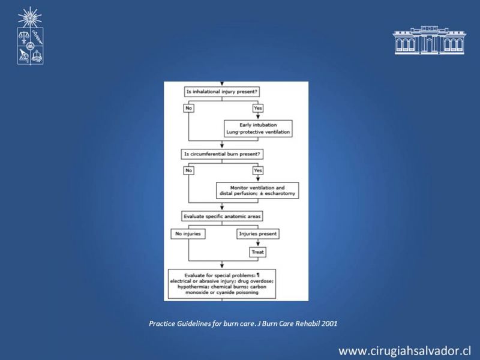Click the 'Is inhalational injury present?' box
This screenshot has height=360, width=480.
pos(222,92)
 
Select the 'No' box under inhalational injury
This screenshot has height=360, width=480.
pos(188,108)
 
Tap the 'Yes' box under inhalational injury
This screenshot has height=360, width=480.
pos(258,108)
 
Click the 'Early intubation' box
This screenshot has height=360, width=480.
pos(258,128)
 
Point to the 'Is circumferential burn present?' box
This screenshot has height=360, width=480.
pos(222,154)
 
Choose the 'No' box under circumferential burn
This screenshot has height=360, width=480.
pos(188,170)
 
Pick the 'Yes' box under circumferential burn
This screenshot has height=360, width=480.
pos(258,170)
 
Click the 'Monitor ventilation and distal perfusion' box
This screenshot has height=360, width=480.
pos(257,191)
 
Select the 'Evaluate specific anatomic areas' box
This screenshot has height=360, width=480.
pos(222,217)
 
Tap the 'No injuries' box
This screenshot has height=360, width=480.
pos(188,234)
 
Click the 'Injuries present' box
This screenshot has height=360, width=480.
pos(258,234)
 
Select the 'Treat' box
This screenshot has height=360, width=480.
pos(258,252)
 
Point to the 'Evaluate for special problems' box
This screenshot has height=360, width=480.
pos(222,284)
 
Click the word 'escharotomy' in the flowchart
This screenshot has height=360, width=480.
pos(280,193)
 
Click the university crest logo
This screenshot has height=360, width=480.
pos(30,36)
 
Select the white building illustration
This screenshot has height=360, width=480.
pos(429,40)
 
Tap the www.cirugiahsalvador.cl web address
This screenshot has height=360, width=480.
pos(404,351)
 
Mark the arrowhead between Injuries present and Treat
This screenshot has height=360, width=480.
pos(258,244)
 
